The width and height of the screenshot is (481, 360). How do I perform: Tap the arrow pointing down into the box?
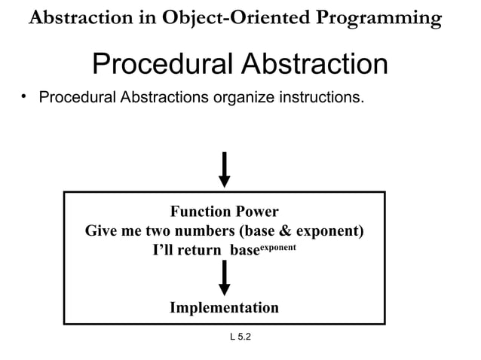click(x=224, y=169)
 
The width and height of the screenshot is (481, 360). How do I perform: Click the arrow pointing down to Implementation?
click(x=224, y=279)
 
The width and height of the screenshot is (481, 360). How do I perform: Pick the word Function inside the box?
click(x=199, y=212)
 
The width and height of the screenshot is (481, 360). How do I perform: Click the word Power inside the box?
click(x=256, y=212)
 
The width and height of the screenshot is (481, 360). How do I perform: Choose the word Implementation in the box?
click(x=224, y=307)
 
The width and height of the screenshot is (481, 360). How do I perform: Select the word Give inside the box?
click(x=100, y=230)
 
